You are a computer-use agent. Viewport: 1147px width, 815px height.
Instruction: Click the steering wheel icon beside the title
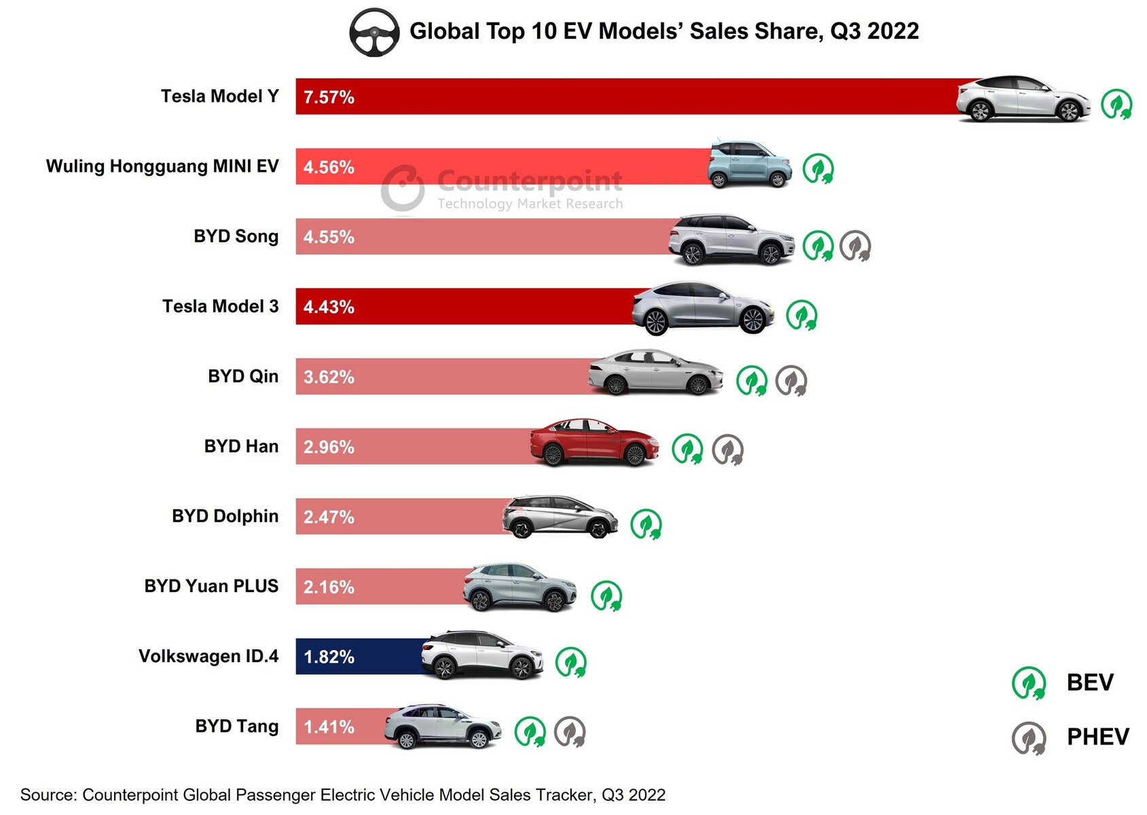(374, 32)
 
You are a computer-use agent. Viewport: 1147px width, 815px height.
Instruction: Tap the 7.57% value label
(329, 97)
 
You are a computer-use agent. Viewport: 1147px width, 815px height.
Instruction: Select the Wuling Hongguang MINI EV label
(162, 166)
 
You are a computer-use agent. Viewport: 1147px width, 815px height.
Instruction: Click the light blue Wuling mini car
(749, 164)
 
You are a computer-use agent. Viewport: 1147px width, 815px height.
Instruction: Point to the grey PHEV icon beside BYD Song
(855, 246)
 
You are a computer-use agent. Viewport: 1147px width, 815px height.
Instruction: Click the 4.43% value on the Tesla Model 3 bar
(329, 307)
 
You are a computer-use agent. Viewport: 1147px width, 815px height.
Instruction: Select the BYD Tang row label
(236, 726)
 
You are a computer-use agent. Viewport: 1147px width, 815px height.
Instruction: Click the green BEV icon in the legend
(1028, 683)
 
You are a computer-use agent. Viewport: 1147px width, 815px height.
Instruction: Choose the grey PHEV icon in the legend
(1028, 738)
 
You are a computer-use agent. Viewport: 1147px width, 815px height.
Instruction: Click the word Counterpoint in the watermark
(530, 181)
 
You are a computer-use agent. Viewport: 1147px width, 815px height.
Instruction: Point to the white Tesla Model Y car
(1023, 99)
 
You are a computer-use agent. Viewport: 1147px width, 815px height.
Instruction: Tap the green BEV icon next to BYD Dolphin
(645, 524)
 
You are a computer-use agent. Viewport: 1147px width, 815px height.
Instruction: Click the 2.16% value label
(329, 587)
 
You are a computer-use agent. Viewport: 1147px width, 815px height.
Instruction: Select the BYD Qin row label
(243, 376)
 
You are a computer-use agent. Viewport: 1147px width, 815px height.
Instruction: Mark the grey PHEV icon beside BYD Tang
(569, 732)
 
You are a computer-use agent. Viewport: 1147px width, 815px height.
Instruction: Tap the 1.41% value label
(329, 727)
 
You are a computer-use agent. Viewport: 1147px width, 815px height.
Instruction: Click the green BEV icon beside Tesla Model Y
(1116, 105)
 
